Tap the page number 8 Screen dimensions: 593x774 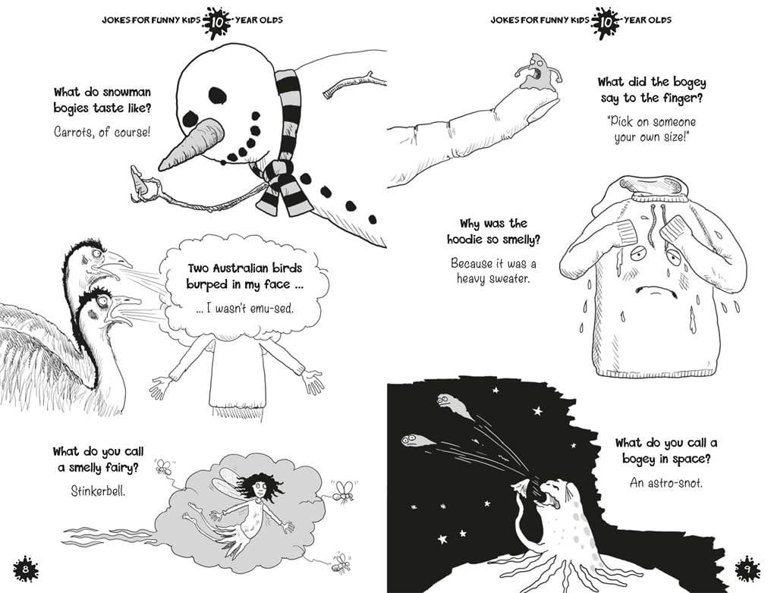click(x=26, y=568)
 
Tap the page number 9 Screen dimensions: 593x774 click(x=747, y=568)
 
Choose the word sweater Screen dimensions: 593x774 click(x=516, y=278)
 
